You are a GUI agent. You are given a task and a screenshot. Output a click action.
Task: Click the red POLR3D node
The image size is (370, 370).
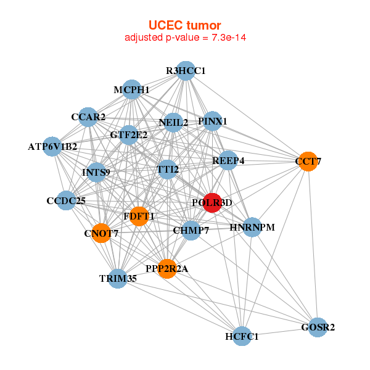pyautogui.click(x=212, y=202)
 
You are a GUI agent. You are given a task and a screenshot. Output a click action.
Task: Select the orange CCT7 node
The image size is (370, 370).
pyautogui.click(x=308, y=162)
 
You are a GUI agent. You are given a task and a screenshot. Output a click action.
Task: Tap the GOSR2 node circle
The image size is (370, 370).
pyautogui.click(x=318, y=327)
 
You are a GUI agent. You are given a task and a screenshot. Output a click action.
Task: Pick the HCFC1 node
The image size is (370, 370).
pyautogui.click(x=242, y=336)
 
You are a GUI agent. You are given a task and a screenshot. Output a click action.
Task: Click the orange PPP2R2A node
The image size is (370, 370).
pyautogui.click(x=166, y=268)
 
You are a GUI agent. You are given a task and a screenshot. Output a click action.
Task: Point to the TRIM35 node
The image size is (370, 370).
pyautogui.click(x=118, y=278)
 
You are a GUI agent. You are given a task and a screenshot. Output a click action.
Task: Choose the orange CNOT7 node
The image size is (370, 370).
pyautogui.click(x=101, y=233)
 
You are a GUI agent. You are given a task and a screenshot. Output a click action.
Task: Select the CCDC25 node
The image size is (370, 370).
pyautogui.click(x=66, y=201)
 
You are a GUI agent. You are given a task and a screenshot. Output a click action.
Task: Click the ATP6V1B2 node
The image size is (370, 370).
pyautogui.click(x=52, y=147)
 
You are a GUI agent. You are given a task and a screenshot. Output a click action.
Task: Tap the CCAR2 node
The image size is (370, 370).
pyautogui.click(x=88, y=117)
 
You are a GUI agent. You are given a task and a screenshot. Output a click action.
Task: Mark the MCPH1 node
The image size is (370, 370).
pyautogui.click(x=131, y=90)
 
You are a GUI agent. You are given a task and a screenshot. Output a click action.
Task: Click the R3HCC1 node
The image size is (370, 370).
pyautogui.click(x=186, y=71)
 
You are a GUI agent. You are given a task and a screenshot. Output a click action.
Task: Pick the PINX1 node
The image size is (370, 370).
pyautogui.click(x=213, y=121)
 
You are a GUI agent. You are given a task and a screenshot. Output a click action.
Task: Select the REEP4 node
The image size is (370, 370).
pyautogui.click(x=228, y=161)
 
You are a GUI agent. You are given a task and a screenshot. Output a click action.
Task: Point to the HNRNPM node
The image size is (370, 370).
pyautogui.click(x=252, y=228)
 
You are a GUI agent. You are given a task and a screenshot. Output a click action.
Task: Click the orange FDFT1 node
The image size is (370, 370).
pyautogui.click(x=139, y=216)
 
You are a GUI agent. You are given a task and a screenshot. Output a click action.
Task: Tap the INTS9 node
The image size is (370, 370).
pyautogui.click(x=96, y=172)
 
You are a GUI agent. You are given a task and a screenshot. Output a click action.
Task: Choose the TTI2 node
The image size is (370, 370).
pyautogui.click(x=167, y=168)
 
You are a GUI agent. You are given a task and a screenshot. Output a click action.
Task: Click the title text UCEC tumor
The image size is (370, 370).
pyautogui.click(x=184, y=25)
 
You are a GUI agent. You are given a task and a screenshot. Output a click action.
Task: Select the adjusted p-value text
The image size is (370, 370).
pyautogui.click(x=186, y=38)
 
